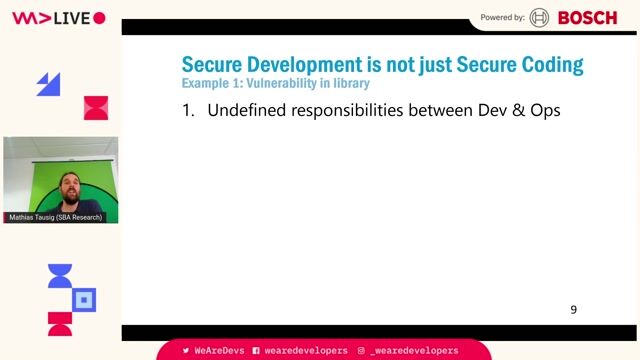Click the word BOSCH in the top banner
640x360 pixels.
pyautogui.click(x=588, y=17)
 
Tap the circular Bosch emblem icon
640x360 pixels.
pyautogui.click(x=540, y=17)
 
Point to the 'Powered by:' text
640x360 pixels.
pyautogui.click(x=503, y=17)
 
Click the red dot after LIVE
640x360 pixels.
pyautogui.click(x=99, y=18)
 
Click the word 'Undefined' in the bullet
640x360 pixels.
pyautogui.click(x=246, y=111)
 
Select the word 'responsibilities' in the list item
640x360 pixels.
pyautogui.click(x=345, y=111)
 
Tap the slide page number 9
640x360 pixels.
pyautogui.click(x=574, y=310)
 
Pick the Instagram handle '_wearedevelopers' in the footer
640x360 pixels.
pyautogui.click(x=413, y=351)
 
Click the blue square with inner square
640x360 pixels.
pyautogui.click(x=85, y=299)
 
